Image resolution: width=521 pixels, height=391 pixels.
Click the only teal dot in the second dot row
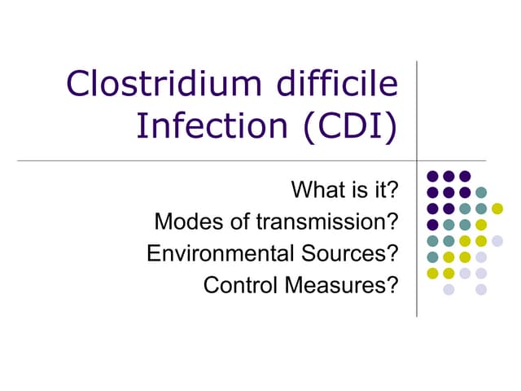[481, 192]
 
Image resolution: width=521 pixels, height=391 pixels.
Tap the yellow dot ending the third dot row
[497, 209]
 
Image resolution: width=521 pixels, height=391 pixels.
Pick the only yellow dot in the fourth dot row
[481, 225]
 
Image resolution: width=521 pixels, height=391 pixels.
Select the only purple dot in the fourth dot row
[432, 225]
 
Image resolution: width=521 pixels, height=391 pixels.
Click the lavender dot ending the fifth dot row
[497, 240]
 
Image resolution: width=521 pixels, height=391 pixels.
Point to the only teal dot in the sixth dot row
[432, 257]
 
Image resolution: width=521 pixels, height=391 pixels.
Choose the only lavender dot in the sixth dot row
[481, 257]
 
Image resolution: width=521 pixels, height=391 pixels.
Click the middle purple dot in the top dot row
[449, 176]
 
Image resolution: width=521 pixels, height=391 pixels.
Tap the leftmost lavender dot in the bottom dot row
[449, 289]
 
